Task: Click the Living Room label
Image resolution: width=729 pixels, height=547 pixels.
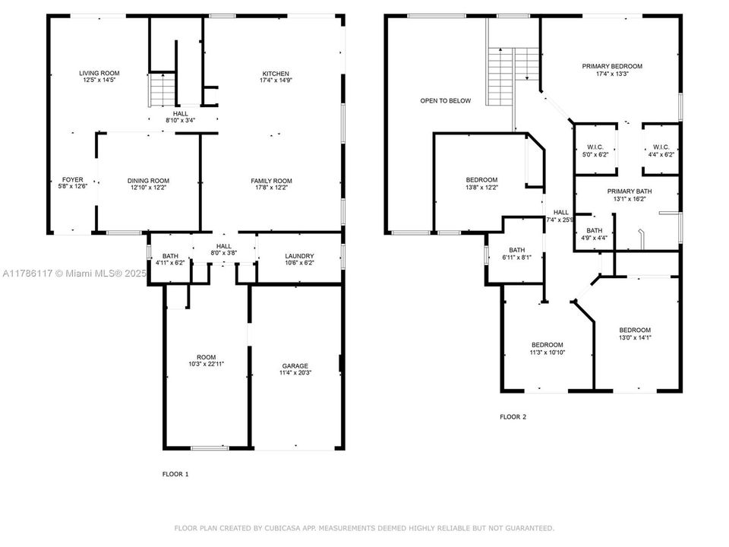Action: pyautogui.click(x=99, y=73)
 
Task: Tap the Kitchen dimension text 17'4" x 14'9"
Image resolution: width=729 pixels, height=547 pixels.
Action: pyautogui.click(x=276, y=81)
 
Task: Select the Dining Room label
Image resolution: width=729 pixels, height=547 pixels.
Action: pyautogui.click(x=148, y=181)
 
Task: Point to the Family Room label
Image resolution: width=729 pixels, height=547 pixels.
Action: pyautogui.click(x=272, y=181)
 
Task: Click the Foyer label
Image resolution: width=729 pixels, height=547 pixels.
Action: pyautogui.click(x=73, y=179)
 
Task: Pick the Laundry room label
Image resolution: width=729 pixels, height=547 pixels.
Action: pyautogui.click(x=299, y=256)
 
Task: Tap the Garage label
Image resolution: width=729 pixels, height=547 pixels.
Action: pyautogui.click(x=295, y=366)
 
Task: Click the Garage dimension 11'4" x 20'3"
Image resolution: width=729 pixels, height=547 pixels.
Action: pyautogui.click(x=295, y=372)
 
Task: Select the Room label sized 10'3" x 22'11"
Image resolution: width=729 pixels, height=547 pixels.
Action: pyautogui.click(x=206, y=357)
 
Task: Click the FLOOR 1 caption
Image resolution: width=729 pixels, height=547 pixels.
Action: pyautogui.click(x=175, y=474)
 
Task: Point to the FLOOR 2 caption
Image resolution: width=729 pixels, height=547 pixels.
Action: pyautogui.click(x=513, y=417)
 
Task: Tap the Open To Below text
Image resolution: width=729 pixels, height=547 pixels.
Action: pyautogui.click(x=446, y=100)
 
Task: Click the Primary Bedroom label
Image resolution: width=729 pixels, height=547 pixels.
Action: pyautogui.click(x=612, y=67)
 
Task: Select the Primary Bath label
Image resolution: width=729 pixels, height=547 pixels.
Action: pyautogui.click(x=630, y=191)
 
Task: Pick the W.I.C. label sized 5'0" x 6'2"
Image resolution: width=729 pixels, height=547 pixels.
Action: pyautogui.click(x=595, y=147)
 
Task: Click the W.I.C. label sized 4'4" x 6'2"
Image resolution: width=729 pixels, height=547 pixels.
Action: pyautogui.click(x=661, y=147)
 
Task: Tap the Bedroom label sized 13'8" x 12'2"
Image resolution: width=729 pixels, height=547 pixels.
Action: pyautogui.click(x=481, y=180)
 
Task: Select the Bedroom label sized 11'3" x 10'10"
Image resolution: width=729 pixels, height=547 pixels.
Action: pyautogui.click(x=548, y=345)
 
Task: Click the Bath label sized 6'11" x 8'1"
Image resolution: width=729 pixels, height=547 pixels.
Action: pyautogui.click(x=516, y=250)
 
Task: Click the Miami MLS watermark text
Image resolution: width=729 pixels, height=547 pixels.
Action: pyautogui.click(x=74, y=273)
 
